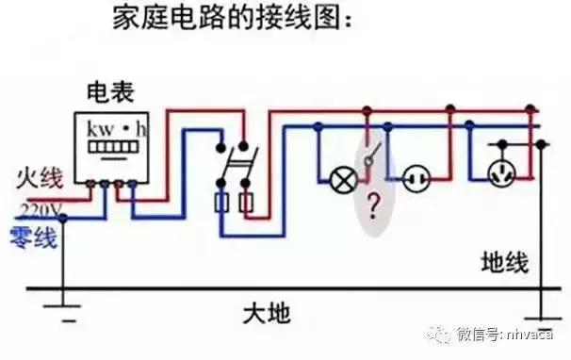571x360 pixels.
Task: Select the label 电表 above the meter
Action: tap(109, 92)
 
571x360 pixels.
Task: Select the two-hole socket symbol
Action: tap(416, 176)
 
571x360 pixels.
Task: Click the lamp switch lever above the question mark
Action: tap(373, 157)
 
